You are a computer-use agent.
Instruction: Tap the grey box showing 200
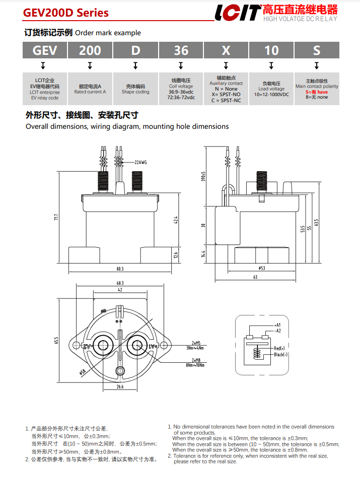[x=90, y=50]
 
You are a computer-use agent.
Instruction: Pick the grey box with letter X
[x=226, y=50]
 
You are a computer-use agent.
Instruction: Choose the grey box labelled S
[x=316, y=50]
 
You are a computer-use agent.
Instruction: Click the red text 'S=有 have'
[x=317, y=92]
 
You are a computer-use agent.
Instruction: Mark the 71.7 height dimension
[x=56, y=217]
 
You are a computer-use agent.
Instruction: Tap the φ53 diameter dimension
[x=262, y=268]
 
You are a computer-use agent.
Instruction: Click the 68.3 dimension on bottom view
[x=120, y=283]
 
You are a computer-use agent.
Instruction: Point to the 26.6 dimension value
[x=120, y=387]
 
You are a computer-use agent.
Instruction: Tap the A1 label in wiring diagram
[x=278, y=325]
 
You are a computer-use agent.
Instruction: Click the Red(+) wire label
[x=279, y=348]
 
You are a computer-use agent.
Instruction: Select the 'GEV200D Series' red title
[x=66, y=13]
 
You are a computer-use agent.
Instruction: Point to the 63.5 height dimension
[x=317, y=222]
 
